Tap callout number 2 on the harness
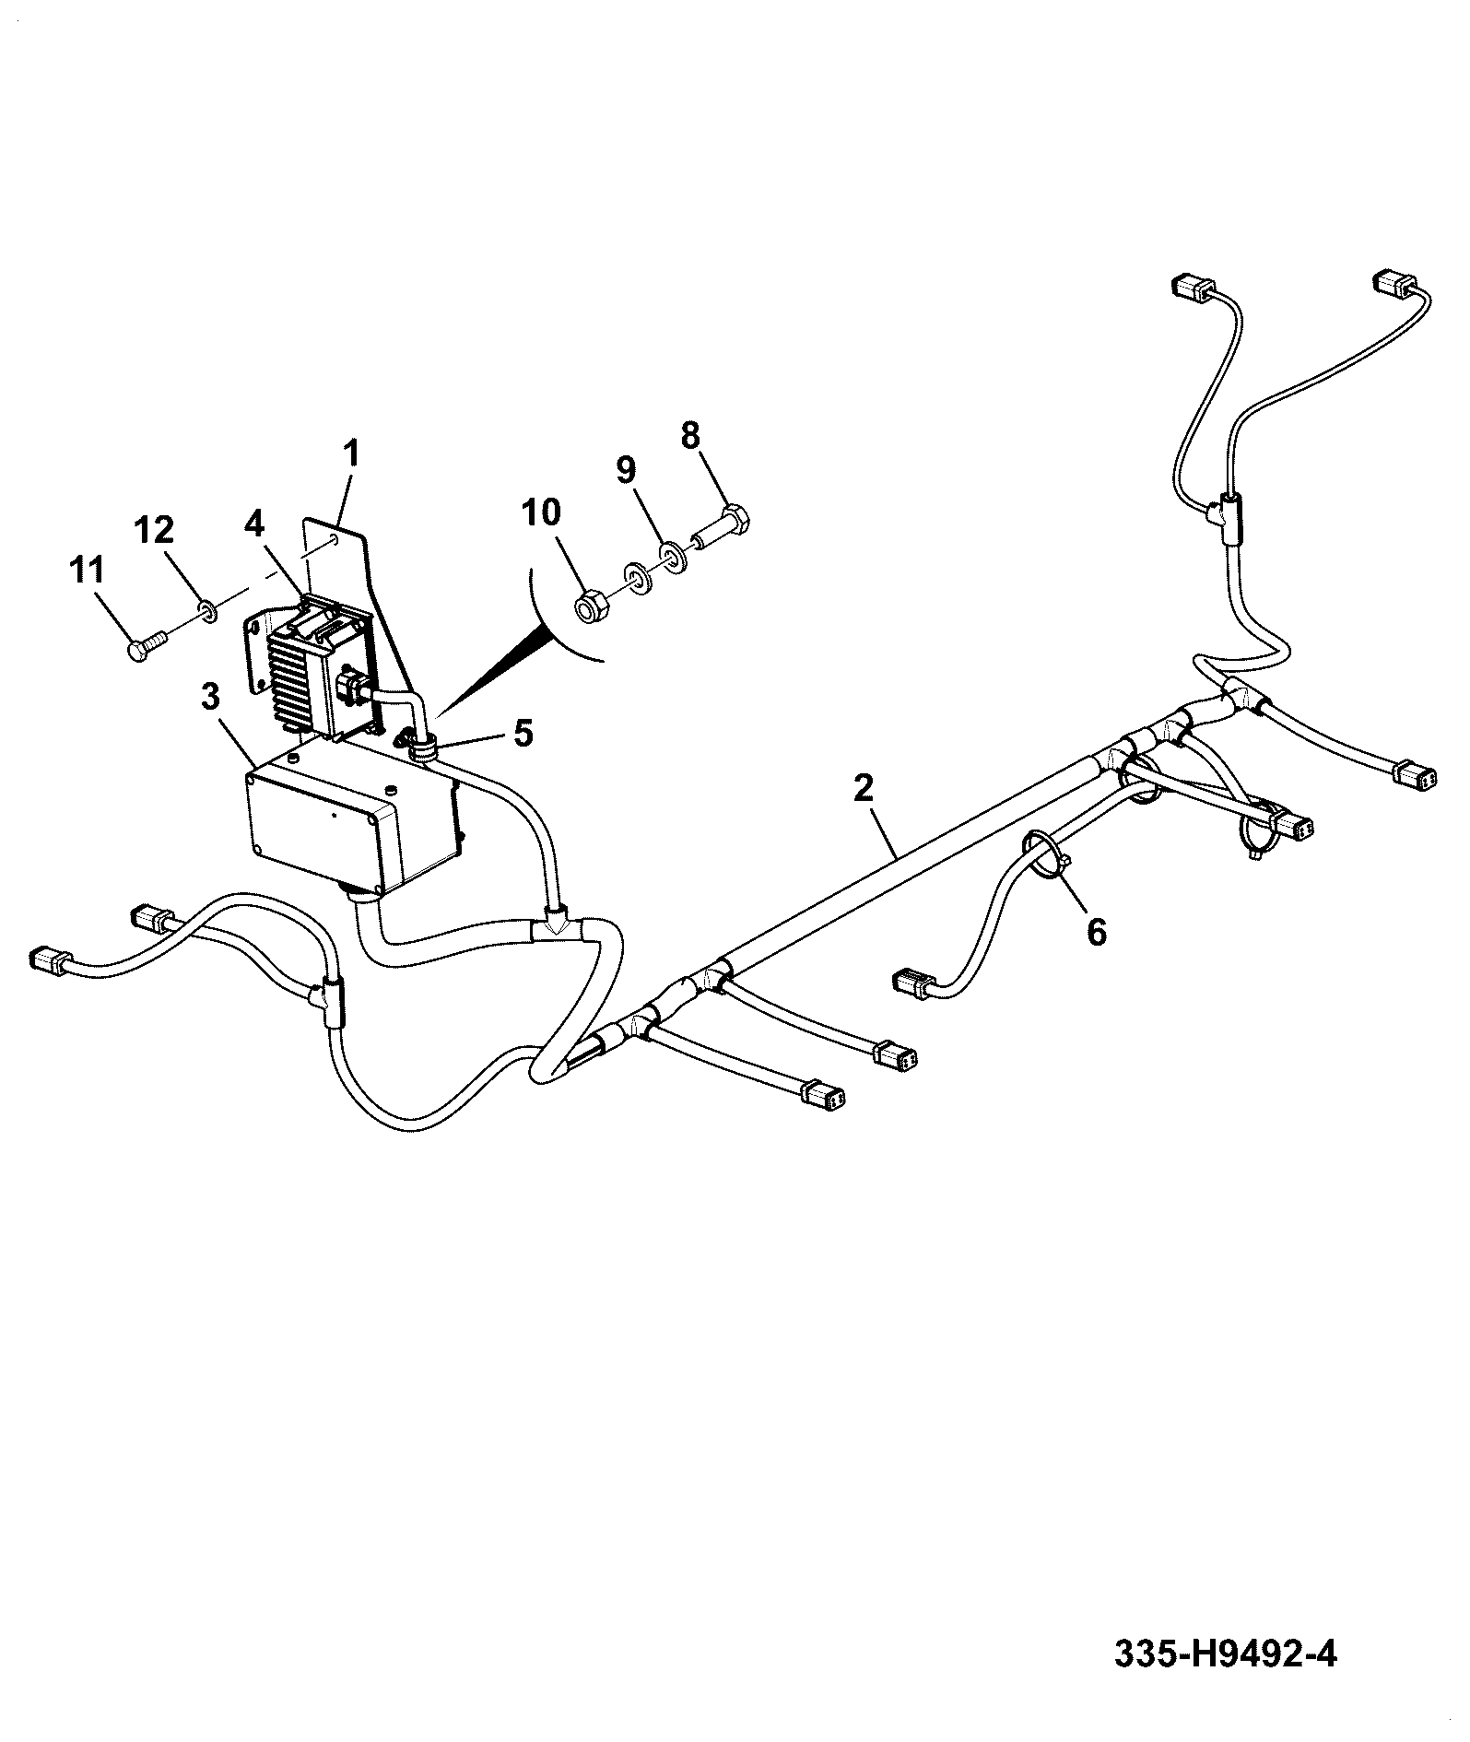pyautogui.click(x=863, y=789)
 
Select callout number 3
pyautogui.click(x=211, y=698)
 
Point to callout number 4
pyautogui.click(x=253, y=524)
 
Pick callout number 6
pyautogui.click(x=1097, y=932)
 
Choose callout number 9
pyautogui.click(x=626, y=470)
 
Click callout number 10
pyautogui.click(x=542, y=512)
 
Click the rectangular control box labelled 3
pyautogui.click(x=355, y=811)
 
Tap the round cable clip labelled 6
pyautogui.click(x=1045, y=853)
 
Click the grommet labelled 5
pyautogui.click(x=419, y=745)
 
